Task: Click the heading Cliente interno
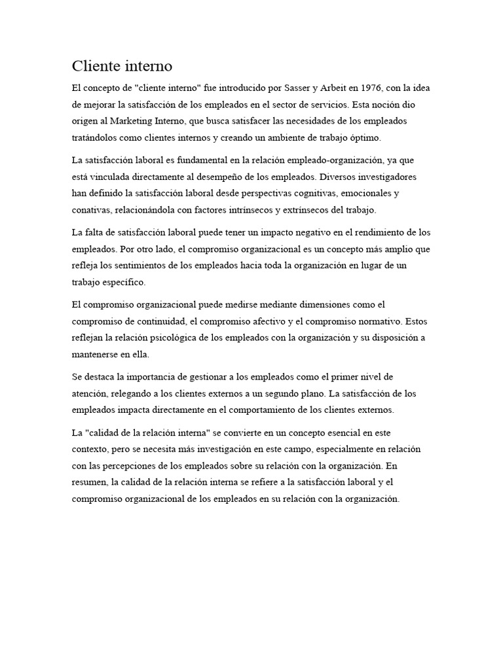[x=122, y=66]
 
